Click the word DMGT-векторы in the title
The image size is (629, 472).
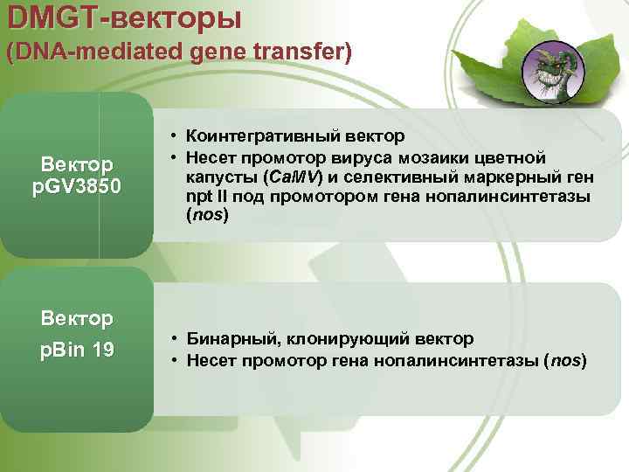pyautogui.click(x=122, y=17)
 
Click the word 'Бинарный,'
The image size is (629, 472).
pyautogui.click(x=226, y=338)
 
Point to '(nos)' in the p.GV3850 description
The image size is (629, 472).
pyautogui.click(x=207, y=216)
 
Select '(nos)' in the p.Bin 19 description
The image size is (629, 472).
pyautogui.click(x=564, y=359)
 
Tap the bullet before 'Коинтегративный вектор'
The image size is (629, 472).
pyautogui.click(x=175, y=136)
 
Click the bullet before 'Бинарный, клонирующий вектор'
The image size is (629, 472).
pyautogui.click(x=175, y=338)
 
